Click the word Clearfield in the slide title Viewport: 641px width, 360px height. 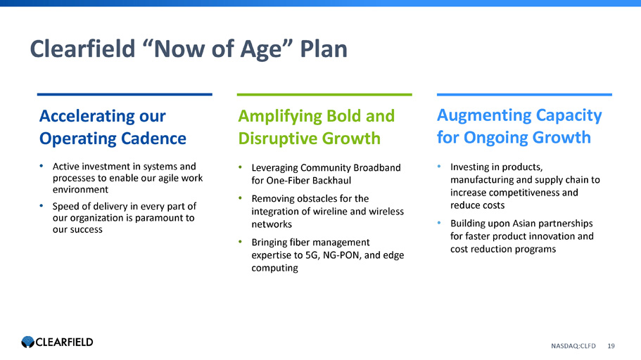82,49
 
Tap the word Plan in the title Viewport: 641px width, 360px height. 324,49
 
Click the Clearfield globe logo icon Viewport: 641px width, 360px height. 28,342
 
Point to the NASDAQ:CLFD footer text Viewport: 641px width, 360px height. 573,346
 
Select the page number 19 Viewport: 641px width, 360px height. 611,346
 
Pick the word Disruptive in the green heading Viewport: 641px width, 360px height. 277,139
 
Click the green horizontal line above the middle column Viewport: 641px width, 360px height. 324,94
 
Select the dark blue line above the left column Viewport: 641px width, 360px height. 125,94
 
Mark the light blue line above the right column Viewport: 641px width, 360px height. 524,94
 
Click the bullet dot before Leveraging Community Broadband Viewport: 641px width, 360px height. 241,167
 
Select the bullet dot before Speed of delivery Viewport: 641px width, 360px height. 42,205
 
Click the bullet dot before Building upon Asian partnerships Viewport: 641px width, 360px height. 439,223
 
